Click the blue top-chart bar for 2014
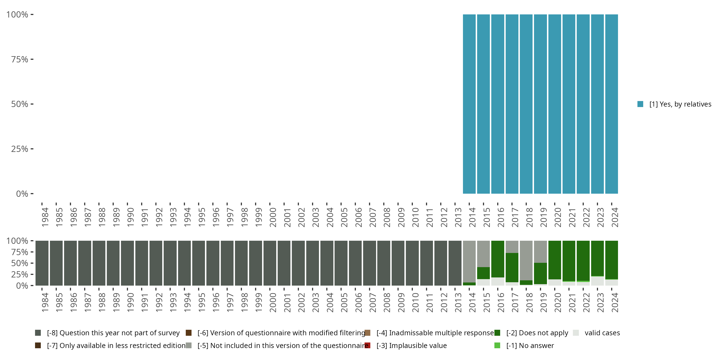click(469, 104)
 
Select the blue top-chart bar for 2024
click(611, 104)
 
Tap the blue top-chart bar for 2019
click(540, 104)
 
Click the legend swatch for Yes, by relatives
click(640, 104)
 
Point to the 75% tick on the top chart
click(32, 59)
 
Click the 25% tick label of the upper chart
click(20, 149)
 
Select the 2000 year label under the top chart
click(273, 217)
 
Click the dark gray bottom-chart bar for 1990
click(127, 263)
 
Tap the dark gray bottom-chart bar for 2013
click(455, 263)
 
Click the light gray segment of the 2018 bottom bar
click(526, 260)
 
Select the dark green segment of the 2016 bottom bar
click(498, 259)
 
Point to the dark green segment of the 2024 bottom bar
click(611, 260)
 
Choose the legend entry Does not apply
click(537, 333)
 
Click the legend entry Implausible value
click(418, 345)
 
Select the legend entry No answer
click(530, 345)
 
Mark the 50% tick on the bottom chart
click(32, 263)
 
